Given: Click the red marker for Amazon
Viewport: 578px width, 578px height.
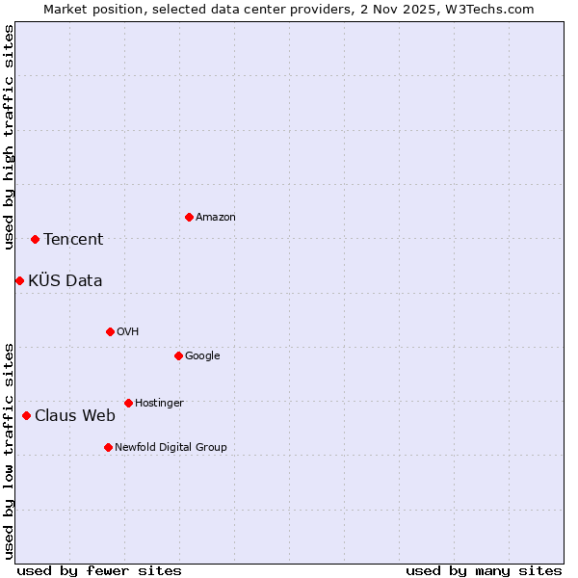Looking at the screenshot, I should pyautogui.click(x=189, y=217).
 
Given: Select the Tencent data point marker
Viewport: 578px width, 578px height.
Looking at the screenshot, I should pyautogui.click(x=35, y=239).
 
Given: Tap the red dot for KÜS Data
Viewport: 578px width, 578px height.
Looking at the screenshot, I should pyautogui.click(x=19, y=280).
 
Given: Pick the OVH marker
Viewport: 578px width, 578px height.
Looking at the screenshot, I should pyautogui.click(x=110, y=331).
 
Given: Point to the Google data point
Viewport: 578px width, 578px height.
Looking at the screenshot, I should pyautogui.click(x=178, y=355).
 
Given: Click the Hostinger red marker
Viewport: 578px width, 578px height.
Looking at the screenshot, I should pyautogui.click(x=128, y=403).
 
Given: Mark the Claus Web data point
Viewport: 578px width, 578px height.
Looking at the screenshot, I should pyautogui.click(x=26, y=415).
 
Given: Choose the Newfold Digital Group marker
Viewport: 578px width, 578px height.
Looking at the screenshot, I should pyautogui.click(x=108, y=447).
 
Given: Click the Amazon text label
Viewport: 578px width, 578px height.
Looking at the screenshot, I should pyautogui.click(x=216, y=218).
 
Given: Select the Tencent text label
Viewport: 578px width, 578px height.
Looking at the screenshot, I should pyautogui.click(x=73, y=240).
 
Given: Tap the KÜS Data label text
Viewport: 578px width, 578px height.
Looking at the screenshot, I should pyautogui.click(x=66, y=281).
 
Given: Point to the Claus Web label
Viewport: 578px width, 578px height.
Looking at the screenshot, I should pyautogui.click(x=75, y=416).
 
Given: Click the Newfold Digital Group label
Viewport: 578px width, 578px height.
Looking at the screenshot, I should pyautogui.click(x=171, y=448).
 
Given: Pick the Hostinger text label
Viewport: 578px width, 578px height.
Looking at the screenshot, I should pyautogui.click(x=159, y=404).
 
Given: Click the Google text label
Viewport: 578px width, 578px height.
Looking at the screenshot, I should pyautogui.click(x=202, y=356).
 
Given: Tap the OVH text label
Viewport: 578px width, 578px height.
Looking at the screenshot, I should pyautogui.click(x=128, y=332).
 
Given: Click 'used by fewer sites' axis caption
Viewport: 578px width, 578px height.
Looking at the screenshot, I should pyautogui.click(x=99, y=570).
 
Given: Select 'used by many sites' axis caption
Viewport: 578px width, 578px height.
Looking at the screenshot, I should pyautogui.click(x=484, y=570).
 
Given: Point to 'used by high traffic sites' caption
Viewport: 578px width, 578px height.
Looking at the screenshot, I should pyautogui.click(x=9, y=137).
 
